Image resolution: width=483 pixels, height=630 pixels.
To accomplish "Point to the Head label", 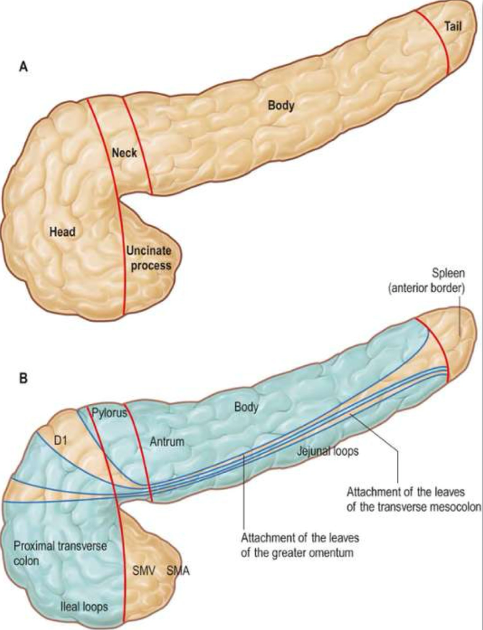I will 62,232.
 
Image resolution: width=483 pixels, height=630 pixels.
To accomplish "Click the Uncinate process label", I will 149,258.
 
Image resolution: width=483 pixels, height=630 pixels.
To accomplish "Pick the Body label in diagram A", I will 281,105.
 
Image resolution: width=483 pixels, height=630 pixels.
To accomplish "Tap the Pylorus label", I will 109,413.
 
